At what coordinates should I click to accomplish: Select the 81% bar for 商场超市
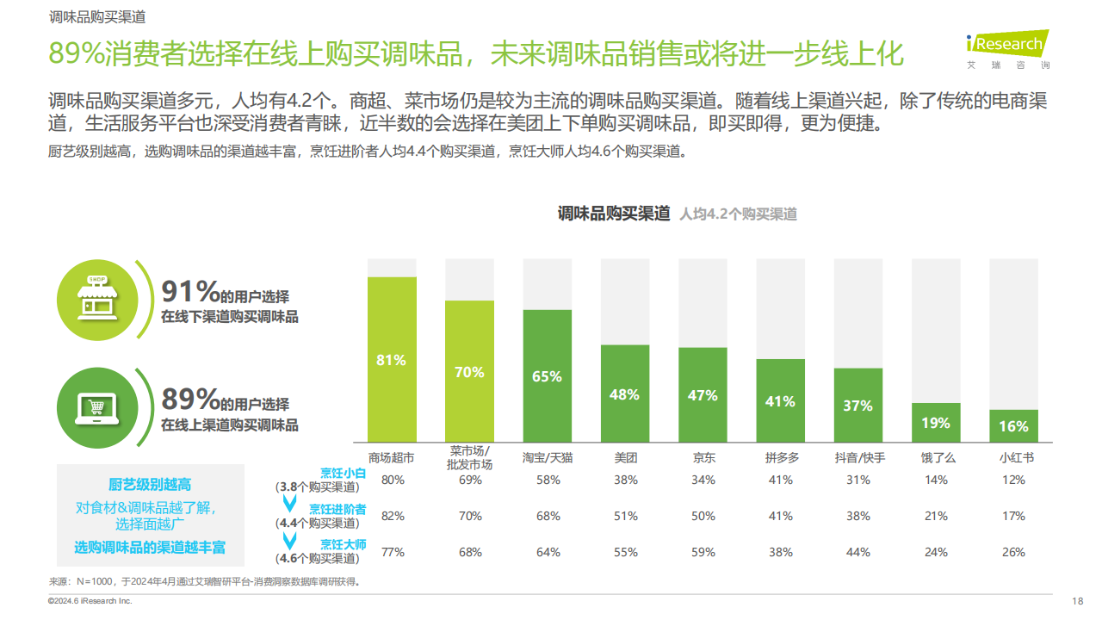pos(392,359)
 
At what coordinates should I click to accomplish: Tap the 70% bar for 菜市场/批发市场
pos(469,371)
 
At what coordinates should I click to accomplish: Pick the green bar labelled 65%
pos(547,375)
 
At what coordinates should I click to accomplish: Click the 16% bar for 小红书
pos(1013,425)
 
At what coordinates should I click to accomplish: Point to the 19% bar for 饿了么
pos(936,422)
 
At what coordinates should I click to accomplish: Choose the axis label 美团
pos(625,458)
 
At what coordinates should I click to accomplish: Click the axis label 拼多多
pos(781,458)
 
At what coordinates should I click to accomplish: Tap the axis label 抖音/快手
pos(859,458)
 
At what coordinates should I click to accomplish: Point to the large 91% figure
pos(190,293)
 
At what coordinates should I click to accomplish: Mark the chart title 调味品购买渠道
pos(613,214)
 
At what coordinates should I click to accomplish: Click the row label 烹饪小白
pos(343,472)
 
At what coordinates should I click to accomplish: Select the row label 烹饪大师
pos(343,544)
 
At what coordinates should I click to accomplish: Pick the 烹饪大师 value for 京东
pos(703,552)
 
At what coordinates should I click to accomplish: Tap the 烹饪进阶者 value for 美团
pos(625,516)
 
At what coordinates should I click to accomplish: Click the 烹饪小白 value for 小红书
pos(1013,480)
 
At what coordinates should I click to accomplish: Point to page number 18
pos(1077,601)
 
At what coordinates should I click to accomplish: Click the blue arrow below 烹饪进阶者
pos(290,541)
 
